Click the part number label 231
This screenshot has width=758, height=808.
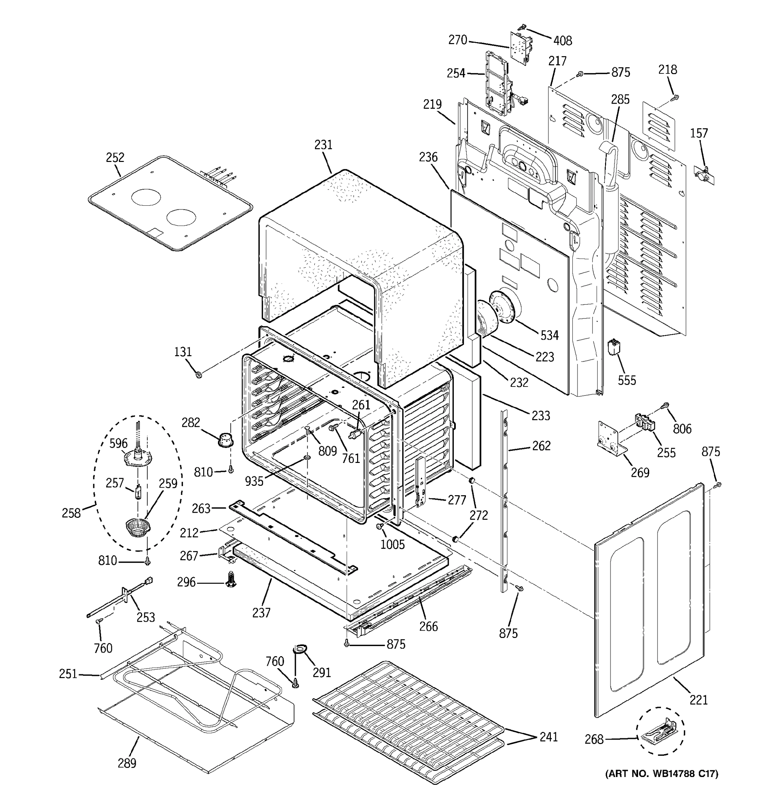coord(323,145)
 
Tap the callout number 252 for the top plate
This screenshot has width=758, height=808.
coord(115,157)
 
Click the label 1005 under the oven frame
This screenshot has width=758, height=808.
coord(392,544)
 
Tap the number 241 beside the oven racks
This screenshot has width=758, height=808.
coord(548,737)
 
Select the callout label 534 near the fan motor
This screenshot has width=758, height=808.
coord(549,335)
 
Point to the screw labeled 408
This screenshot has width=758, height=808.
coord(522,28)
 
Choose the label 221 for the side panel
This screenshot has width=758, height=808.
coord(699,700)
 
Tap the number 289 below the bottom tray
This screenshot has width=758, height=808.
coord(127,763)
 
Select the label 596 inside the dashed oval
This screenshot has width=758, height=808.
coord(118,443)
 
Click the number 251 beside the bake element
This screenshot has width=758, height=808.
coord(68,674)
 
